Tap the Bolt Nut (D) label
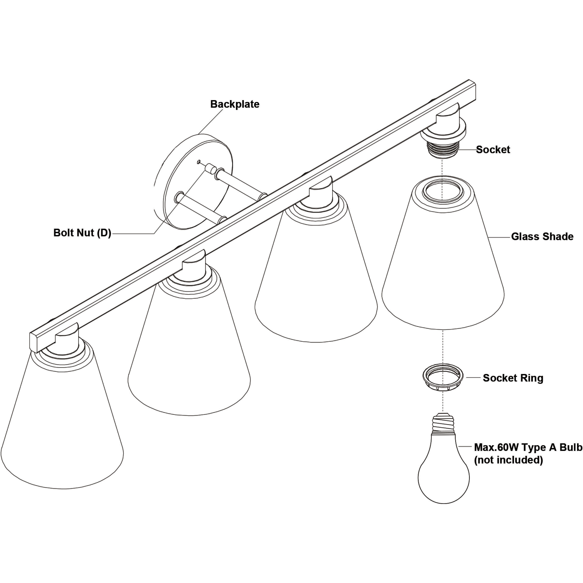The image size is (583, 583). pos(82,233)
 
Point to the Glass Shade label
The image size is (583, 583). pos(542,236)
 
